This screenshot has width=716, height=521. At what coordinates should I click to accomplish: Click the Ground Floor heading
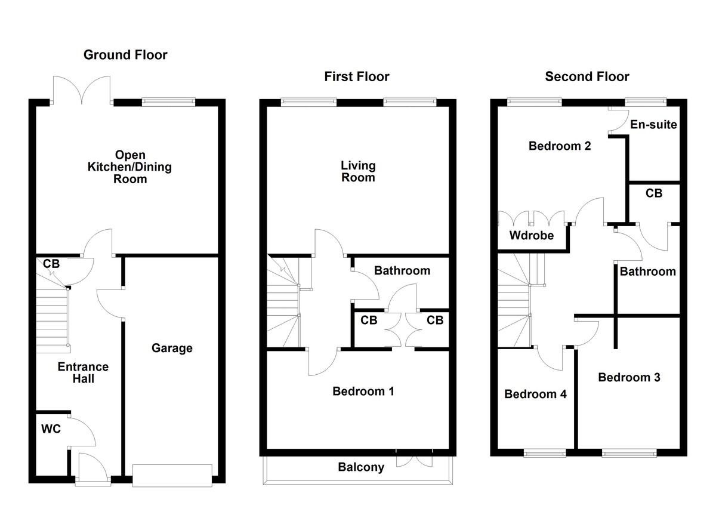coord(125,56)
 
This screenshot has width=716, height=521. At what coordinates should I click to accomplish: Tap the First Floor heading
coord(357,76)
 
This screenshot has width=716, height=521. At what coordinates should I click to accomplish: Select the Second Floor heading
coord(587,76)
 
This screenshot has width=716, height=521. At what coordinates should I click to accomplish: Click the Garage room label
coord(172,348)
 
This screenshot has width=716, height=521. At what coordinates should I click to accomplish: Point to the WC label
coord(50,428)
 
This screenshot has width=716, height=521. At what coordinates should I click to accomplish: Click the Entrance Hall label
coord(83,372)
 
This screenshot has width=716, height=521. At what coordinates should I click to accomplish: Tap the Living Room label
coord(358,171)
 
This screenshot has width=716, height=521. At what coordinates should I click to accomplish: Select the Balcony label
coord(361,467)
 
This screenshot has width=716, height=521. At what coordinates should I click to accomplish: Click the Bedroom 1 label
coord(363,391)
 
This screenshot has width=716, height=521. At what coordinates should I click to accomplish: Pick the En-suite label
coord(654,125)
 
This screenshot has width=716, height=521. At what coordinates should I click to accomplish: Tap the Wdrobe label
coord(531,235)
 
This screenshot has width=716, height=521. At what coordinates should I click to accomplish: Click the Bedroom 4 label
coord(535,394)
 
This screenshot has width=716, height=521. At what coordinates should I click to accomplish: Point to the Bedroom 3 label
coord(629,377)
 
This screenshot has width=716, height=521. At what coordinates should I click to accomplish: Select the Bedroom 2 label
coord(560,146)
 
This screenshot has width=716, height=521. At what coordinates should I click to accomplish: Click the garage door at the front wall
coord(172,475)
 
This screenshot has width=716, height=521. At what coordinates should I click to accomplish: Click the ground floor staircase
coord(53,316)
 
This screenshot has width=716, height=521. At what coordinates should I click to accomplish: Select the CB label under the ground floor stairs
coord(51,263)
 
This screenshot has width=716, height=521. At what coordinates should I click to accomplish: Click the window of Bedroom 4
coord(545,453)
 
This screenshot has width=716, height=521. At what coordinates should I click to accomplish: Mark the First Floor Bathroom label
coord(402,270)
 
